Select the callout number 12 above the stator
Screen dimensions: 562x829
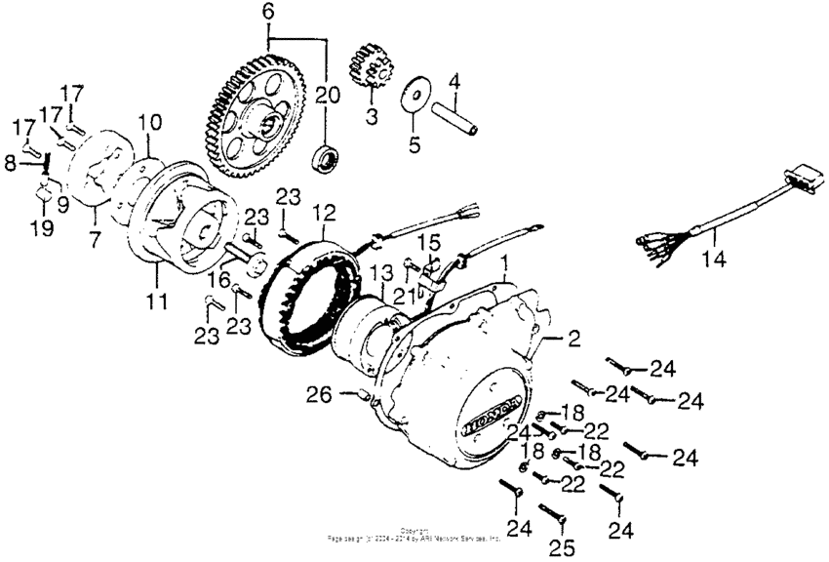(323, 212)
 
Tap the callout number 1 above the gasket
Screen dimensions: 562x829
(504, 264)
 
